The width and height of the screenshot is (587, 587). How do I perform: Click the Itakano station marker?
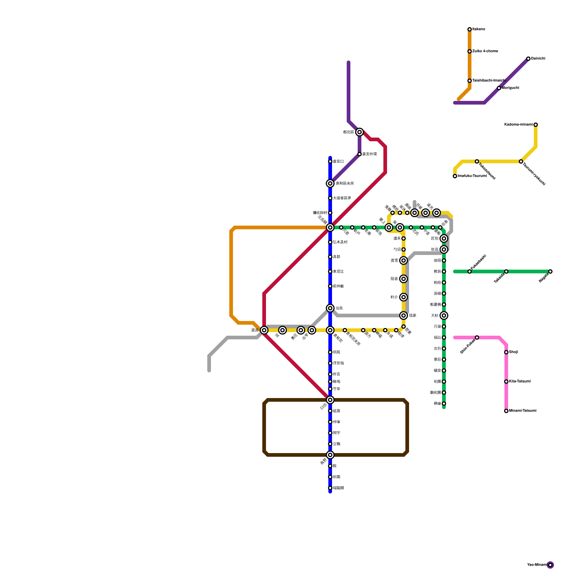[470, 29]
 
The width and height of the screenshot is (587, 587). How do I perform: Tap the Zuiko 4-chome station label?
[485, 51]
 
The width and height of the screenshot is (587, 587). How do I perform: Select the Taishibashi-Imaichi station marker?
[470, 81]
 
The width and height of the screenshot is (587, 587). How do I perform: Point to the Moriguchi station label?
[510, 88]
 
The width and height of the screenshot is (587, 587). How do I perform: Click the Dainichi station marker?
[528, 59]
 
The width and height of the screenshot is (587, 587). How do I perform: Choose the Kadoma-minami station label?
[518, 125]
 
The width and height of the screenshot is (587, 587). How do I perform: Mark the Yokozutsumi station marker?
[477, 161]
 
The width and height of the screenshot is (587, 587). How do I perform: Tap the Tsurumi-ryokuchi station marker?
[521, 161]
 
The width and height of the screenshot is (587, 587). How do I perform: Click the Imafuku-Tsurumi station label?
[472, 176]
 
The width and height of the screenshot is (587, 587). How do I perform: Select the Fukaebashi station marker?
[470, 271]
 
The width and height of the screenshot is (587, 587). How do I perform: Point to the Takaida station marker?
[506, 271]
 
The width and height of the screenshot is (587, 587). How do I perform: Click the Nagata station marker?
[550, 271]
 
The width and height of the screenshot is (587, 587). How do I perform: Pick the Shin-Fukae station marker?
[477, 338]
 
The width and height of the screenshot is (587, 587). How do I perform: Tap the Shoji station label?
[514, 352]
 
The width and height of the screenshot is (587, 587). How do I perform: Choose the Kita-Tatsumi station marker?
[506, 382]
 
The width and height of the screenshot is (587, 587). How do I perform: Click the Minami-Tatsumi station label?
[523, 411]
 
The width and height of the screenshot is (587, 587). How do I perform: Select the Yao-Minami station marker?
[550, 565]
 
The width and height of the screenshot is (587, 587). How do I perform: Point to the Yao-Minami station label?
[537, 565]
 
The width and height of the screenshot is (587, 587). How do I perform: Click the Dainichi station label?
[538, 59]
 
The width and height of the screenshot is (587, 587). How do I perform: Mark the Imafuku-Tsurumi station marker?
[455, 176]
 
